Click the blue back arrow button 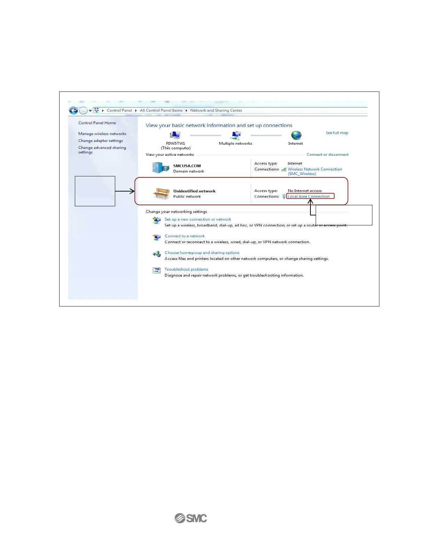tap(73, 111)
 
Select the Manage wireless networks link tap(102, 134)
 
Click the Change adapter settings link tap(101, 141)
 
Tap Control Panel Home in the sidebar tap(97, 123)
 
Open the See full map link tap(337, 133)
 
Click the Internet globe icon tap(296, 135)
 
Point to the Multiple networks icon tap(236, 135)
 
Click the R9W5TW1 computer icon tap(175, 135)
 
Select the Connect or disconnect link tap(328, 154)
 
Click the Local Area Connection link tap(309, 197)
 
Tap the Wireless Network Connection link tap(315, 169)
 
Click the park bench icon tap(161, 193)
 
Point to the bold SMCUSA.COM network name tap(187, 166)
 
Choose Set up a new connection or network tap(198, 219)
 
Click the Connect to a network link tap(184, 236)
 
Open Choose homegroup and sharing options tap(202, 253)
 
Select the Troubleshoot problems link tap(186, 270)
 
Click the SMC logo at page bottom tap(191, 518)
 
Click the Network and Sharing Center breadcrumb tap(216, 111)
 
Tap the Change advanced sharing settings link tap(102, 150)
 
